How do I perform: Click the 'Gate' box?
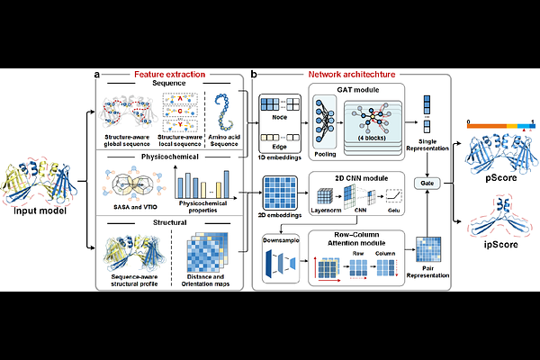coord(427,184)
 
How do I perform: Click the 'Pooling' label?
coord(326,155)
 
